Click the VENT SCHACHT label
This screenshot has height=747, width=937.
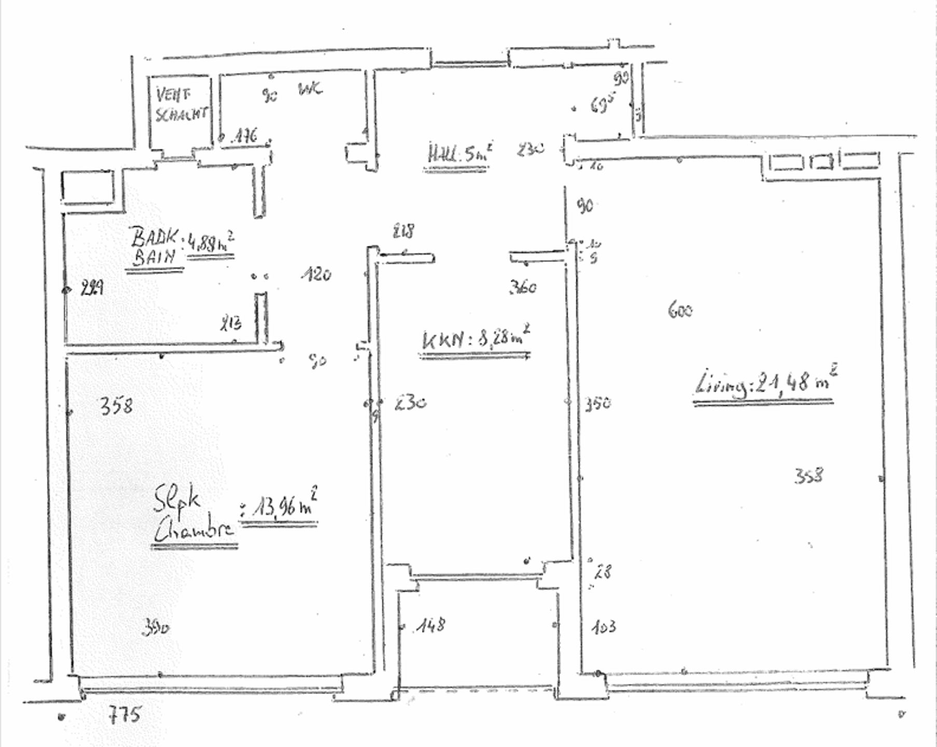pyautogui.click(x=181, y=105)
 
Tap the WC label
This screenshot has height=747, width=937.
pyautogui.click(x=310, y=89)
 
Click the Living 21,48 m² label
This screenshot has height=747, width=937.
pyautogui.click(x=765, y=383)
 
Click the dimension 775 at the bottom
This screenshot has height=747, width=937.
pyautogui.click(x=124, y=715)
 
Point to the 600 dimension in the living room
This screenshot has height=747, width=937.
pyautogui.click(x=680, y=310)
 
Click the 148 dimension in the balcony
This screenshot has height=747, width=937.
pyautogui.click(x=430, y=625)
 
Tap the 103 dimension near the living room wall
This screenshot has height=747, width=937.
pyautogui.click(x=604, y=627)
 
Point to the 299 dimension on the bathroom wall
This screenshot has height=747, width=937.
pyautogui.click(x=92, y=287)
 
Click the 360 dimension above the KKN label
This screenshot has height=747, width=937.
pyautogui.click(x=523, y=287)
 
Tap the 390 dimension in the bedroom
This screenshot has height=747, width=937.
pyautogui.click(x=155, y=628)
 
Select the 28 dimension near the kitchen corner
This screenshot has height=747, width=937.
pyautogui.click(x=603, y=571)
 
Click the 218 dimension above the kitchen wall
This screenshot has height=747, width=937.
pyautogui.click(x=404, y=230)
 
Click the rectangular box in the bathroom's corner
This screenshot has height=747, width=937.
pyautogui.click(x=87, y=187)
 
